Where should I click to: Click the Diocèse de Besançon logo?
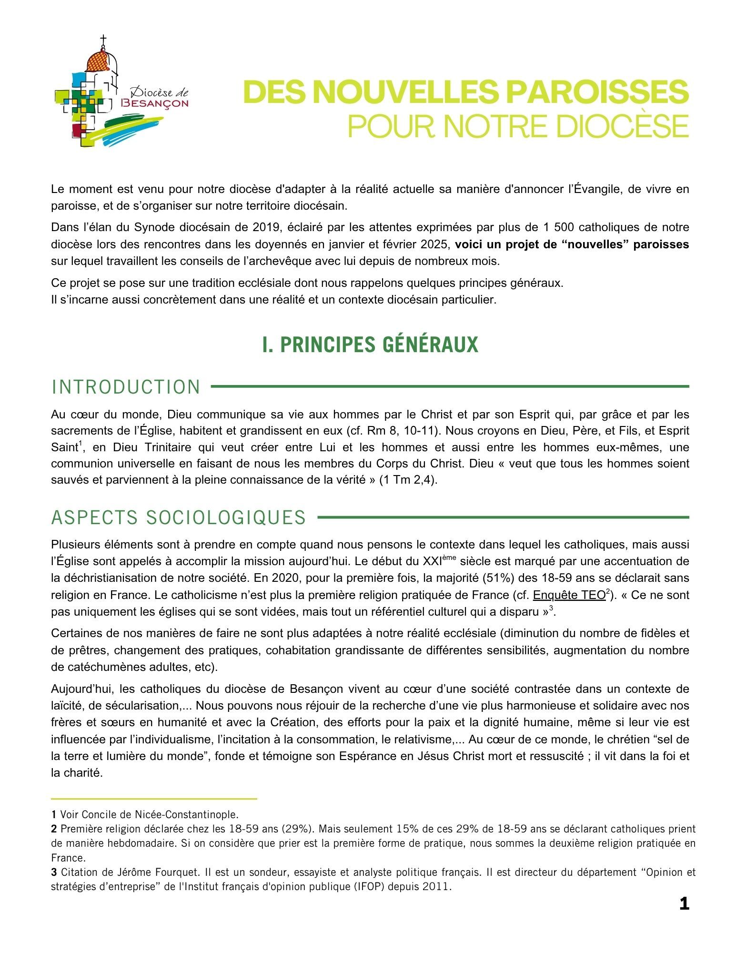tap(121, 93)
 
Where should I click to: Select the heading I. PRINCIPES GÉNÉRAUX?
tap(370, 345)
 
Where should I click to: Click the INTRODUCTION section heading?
tap(126, 387)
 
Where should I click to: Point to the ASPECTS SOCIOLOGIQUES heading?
tap(179, 517)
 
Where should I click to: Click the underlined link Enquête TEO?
tap(569, 595)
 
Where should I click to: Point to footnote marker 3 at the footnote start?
tap(54, 872)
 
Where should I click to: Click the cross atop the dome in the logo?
tap(102, 40)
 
